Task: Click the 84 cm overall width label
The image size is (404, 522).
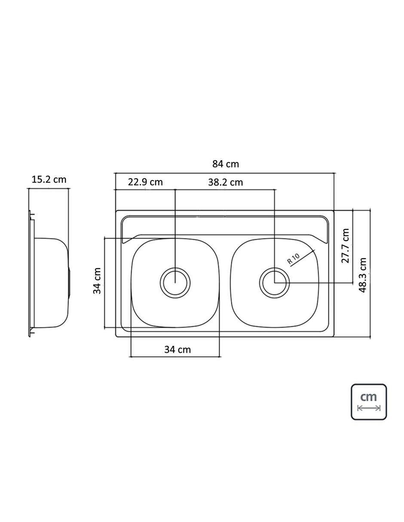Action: point(226,164)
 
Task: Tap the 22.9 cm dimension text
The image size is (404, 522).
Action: point(145,182)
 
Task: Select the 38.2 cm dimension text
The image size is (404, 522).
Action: point(226,182)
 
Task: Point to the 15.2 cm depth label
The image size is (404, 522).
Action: point(49,180)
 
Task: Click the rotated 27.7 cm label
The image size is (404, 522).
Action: point(346,246)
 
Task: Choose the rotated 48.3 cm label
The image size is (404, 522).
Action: point(363,275)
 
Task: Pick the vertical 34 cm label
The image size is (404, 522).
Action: point(97,281)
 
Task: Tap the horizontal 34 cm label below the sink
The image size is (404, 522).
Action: point(178,350)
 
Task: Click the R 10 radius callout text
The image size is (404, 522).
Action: point(294,259)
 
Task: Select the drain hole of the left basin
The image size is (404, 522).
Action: point(175,283)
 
